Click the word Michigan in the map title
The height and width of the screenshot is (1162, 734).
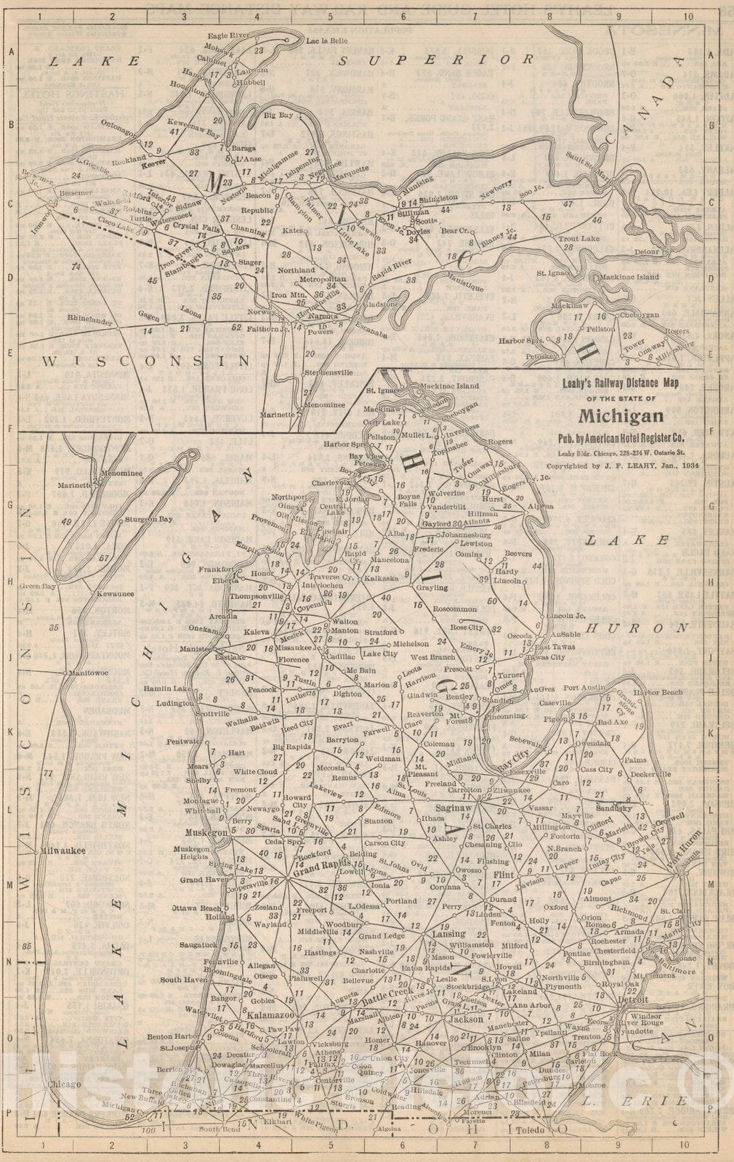[621, 416]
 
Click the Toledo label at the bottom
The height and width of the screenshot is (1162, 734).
[531, 1131]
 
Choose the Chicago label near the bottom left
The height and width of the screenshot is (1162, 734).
[61, 1084]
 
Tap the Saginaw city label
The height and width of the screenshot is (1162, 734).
[454, 808]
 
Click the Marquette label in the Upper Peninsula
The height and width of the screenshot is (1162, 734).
[350, 169]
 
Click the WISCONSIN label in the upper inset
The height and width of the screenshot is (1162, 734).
[146, 360]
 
